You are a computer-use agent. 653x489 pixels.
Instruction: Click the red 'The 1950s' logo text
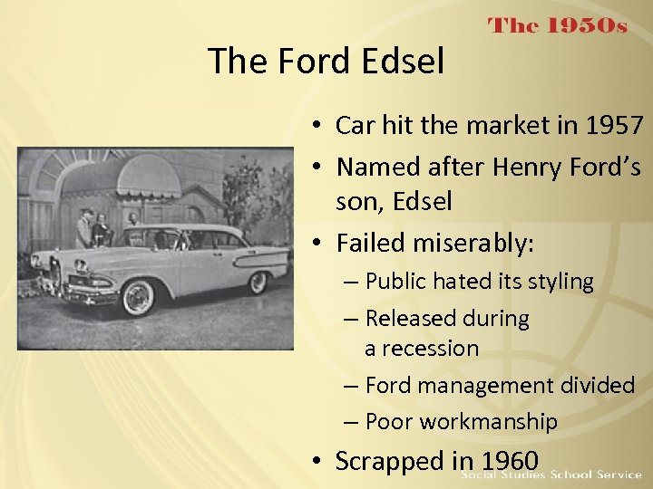pyautogui.click(x=558, y=26)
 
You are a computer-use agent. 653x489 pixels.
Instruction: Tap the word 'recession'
pyautogui.click(x=422, y=348)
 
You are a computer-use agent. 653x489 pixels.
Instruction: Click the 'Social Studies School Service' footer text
pyautogui.click(x=551, y=475)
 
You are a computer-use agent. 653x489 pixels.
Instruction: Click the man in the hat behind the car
pyautogui.click(x=83, y=226)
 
